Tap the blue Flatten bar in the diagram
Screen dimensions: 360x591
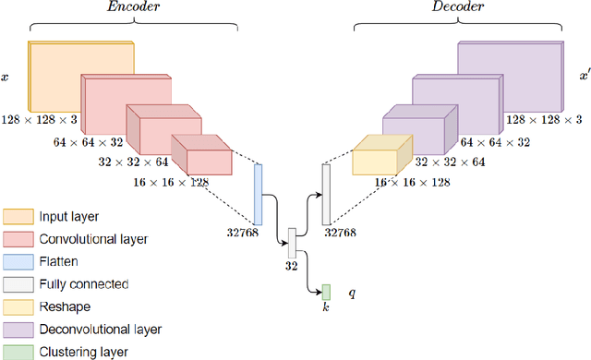[x=259, y=193]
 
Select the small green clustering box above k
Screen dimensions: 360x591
[x=325, y=292]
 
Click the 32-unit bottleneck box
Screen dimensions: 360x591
[x=292, y=243]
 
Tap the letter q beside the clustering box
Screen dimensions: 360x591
[x=352, y=294]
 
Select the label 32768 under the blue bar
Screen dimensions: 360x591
[x=238, y=233]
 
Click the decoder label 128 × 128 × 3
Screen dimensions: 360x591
[x=544, y=120]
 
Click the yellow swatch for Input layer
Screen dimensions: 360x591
[x=17, y=218]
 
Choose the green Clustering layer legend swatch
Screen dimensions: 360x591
[x=17, y=351]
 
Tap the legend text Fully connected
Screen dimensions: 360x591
[x=83, y=284]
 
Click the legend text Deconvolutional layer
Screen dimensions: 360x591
[x=101, y=329]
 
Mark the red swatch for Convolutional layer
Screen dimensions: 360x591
[x=17, y=240]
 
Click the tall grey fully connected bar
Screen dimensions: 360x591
[x=325, y=193]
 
